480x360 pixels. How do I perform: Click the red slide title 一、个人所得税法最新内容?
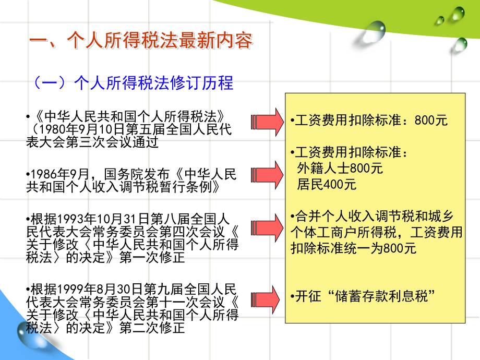[141, 40]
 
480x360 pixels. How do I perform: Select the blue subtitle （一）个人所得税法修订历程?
[133, 83]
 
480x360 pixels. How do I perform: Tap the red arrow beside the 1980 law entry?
[267, 122]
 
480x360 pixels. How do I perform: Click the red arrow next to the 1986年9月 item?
[267, 175]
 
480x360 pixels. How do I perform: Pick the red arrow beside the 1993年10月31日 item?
[267, 228]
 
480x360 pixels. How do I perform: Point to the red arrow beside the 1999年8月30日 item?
[265, 299]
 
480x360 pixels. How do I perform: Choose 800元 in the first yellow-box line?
[431, 120]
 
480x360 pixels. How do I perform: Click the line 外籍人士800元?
[340, 168]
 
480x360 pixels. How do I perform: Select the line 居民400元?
[326, 184]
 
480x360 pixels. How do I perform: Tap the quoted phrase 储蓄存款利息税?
[381, 296]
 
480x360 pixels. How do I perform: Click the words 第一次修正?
[152, 257]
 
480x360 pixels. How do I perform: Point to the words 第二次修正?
[152, 328]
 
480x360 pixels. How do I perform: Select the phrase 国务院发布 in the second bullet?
[137, 174]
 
